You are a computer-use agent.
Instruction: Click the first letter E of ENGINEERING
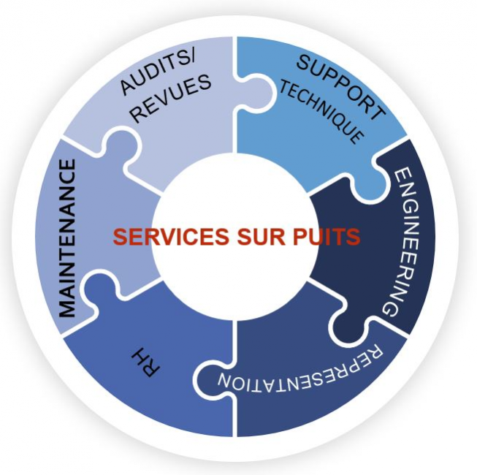[404, 176]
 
